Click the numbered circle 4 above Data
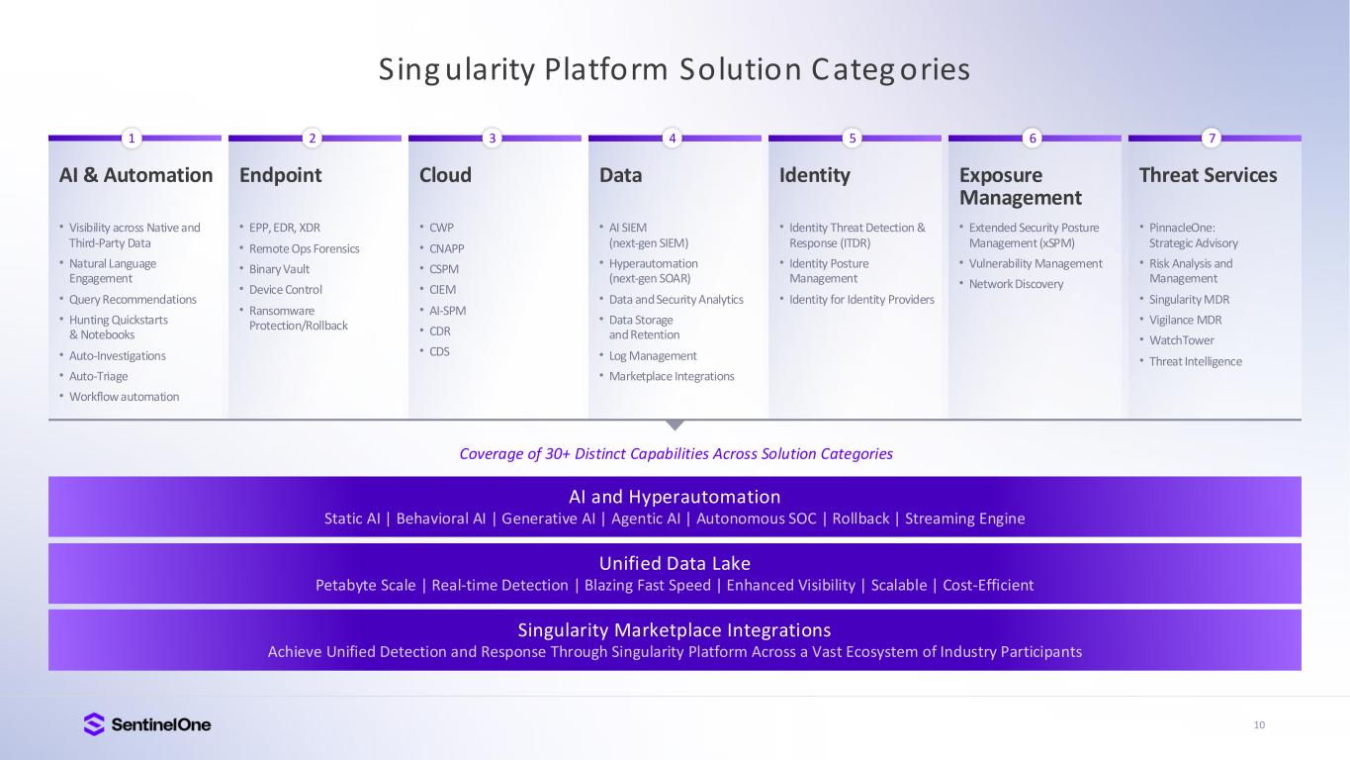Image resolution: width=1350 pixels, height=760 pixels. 673,139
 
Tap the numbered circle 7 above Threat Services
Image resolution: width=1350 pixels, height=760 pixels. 1213,139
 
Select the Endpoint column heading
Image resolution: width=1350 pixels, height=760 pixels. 281,175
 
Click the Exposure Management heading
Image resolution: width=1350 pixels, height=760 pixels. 1021,186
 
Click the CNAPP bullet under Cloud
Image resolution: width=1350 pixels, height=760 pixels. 447,248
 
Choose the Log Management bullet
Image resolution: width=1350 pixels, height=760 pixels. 653,356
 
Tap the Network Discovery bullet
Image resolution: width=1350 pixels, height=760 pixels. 1017,284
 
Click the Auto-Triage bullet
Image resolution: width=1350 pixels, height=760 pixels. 98,376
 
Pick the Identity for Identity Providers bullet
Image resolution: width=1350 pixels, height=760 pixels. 861,300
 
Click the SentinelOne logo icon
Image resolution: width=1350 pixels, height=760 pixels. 94,724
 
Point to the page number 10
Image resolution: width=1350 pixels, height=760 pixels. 1259,725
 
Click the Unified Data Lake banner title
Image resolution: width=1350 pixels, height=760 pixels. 675,563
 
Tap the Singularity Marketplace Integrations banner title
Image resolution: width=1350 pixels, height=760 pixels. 675,629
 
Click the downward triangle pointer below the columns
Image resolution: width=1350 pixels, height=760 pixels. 675,425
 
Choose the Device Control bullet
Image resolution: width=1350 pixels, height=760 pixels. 286,290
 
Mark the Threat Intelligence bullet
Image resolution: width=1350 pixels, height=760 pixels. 1195,361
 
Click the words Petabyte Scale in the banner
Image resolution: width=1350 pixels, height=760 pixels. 365,585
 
